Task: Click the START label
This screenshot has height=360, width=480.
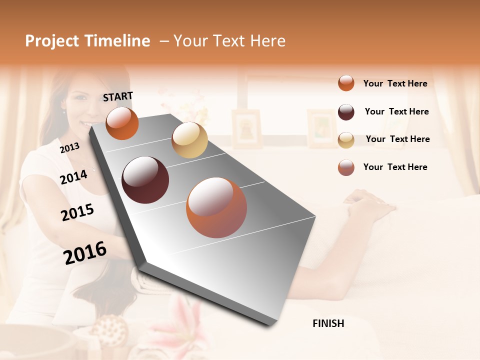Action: (118, 96)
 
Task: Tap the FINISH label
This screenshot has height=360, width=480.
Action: (328, 323)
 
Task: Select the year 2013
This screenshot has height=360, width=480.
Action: (69, 147)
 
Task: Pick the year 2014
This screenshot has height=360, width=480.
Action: (73, 177)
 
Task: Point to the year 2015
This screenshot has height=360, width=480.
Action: (77, 212)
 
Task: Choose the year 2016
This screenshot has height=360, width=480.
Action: (85, 252)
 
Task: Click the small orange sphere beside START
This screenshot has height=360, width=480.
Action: (122, 123)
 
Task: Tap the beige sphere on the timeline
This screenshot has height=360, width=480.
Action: (189, 140)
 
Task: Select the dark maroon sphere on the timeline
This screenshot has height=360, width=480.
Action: (145, 180)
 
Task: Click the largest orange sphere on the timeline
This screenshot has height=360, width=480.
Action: (216, 207)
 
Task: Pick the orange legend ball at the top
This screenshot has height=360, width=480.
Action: (346, 83)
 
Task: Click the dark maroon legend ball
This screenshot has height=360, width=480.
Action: (346, 112)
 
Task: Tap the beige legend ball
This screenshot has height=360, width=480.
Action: (346, 140)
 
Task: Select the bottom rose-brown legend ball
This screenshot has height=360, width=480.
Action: (346, 167)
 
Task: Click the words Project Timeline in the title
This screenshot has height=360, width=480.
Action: (87, 41)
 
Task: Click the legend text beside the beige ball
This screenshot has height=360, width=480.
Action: (397, 139)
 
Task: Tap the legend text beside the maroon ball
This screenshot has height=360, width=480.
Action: (396, 111)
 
